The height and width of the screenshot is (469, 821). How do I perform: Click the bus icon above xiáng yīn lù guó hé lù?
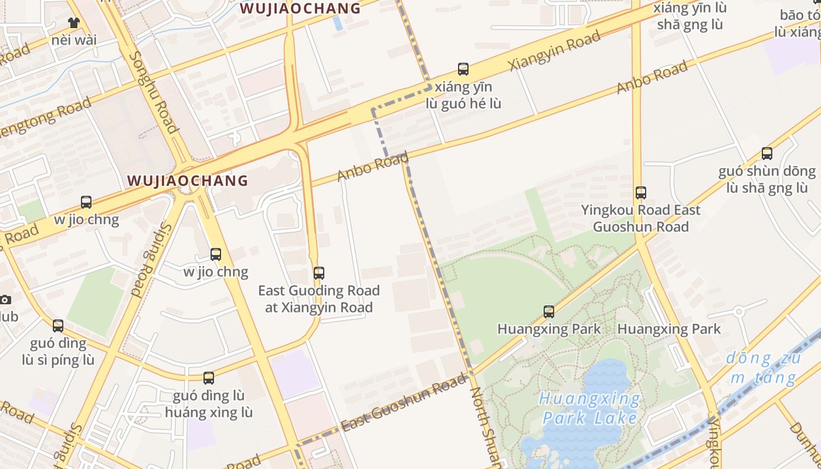463,69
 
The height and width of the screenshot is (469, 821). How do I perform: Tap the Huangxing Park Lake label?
590,409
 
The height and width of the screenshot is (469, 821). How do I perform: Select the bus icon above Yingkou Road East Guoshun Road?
641,192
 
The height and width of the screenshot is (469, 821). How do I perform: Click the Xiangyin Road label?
555,51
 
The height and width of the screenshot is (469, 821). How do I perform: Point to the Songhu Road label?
153,92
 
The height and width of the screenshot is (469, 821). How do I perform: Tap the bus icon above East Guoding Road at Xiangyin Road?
319,273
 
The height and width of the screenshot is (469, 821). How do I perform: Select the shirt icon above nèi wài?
73,23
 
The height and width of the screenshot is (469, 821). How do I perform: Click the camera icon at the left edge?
5,300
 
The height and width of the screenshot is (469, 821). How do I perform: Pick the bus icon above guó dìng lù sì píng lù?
58,325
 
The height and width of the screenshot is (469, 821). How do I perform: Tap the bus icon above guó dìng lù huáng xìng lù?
209,378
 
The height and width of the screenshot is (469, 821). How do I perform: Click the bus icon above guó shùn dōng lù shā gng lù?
766,154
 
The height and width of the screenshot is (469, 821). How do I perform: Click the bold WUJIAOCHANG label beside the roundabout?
188,181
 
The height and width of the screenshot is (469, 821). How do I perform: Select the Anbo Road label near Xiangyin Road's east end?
652,77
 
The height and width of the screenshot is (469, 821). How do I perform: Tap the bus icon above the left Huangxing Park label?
549,311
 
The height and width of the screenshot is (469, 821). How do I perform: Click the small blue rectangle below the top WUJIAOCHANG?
338,23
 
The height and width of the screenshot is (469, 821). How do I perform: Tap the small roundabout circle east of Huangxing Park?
739,311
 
